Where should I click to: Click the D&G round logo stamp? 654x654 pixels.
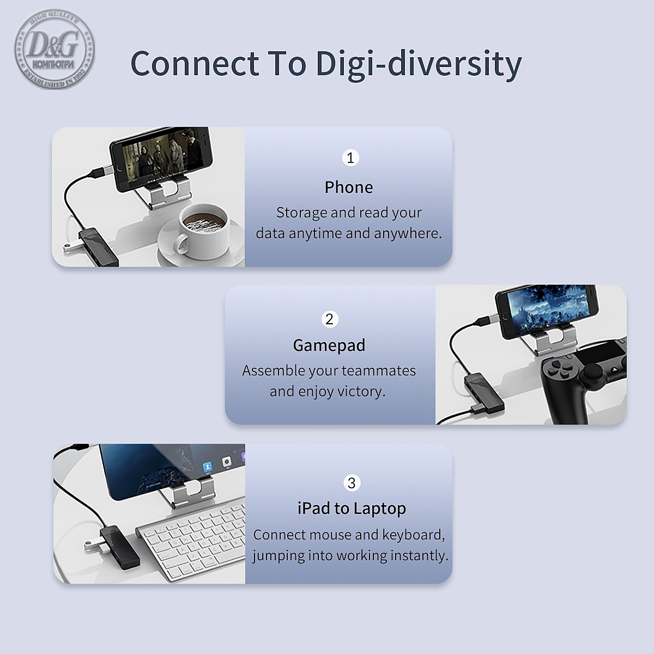(55, 50)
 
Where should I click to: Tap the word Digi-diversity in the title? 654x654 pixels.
(419, 64)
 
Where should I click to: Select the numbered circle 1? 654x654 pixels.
(350, 158)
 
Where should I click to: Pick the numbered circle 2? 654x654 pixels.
(329, 319)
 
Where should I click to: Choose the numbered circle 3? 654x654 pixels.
(352, 483)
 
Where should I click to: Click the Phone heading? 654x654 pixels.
(349, 187)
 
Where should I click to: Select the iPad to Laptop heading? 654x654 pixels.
(352, 508)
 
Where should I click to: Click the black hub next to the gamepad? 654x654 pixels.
(483, 393)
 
